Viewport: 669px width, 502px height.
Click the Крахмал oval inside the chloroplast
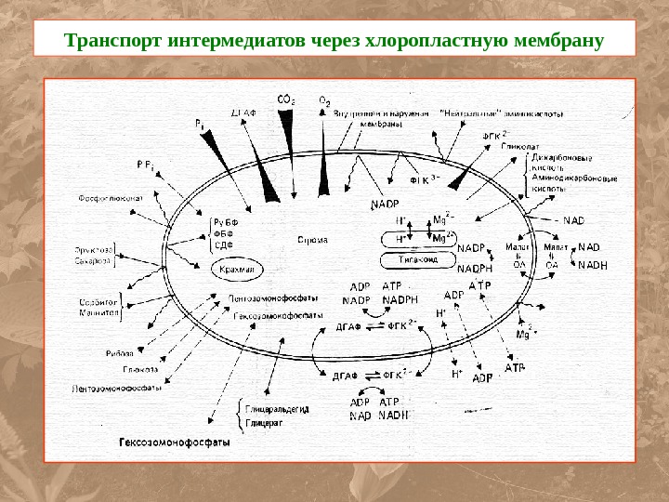pyautogui.click(x=238, y=270)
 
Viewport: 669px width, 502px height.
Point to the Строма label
pyautogui.click(x=312, y=239)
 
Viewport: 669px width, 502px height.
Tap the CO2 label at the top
pyautogui.click(x=286, y=99)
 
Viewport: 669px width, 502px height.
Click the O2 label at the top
pyautogui.click(x=324, y=99)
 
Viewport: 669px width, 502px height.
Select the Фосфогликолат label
pyautogui.click(x=109, y=197)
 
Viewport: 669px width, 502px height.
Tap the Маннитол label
pyautogui.click(x=98, y=315)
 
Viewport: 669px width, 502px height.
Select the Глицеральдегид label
pyautogui.click(x=277, y=409)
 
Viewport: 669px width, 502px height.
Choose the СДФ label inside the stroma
pyautogui.click(x=223, y=245)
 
